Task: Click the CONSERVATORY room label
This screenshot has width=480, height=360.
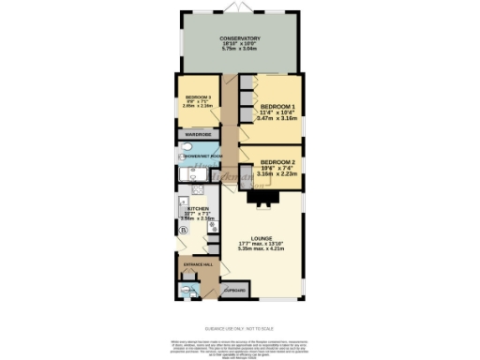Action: point(240,38)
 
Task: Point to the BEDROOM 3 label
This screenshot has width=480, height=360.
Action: point(198,97)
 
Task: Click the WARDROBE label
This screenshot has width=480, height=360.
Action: point(197,134)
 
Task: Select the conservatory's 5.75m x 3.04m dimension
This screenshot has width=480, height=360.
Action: point(240,49)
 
